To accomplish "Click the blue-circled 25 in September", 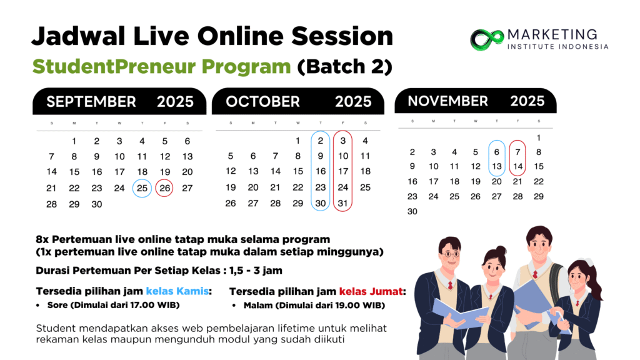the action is point(142,188).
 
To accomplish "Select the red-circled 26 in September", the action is point(165,188).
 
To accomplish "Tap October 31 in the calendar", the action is point(343,203).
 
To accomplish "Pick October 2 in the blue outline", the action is point(321,141).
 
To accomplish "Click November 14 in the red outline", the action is point(517,166).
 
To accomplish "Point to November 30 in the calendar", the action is point(412,211).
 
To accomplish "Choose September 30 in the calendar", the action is point(97,204).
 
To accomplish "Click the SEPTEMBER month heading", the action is point(91,102).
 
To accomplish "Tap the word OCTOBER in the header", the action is point(263,102).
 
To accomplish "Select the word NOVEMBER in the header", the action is point(447,101).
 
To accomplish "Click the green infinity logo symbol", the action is point(487,40).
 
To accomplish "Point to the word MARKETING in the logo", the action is point(552,34).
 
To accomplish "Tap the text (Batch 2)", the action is point(344,66).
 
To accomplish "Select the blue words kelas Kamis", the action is point(177,291).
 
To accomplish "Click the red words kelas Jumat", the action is point(371,291).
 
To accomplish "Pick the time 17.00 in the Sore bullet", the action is point(142,305).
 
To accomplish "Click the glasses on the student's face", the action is point(450,254).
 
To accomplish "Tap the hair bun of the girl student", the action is point(501,250).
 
